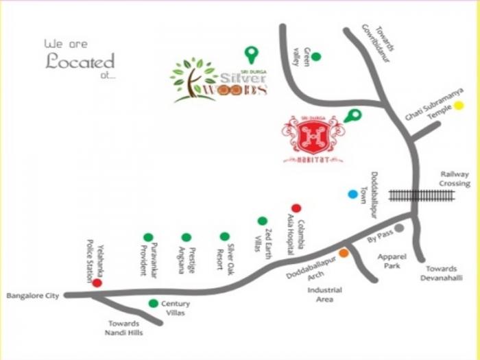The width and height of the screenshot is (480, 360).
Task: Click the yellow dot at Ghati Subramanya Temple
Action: (x=459, y=106)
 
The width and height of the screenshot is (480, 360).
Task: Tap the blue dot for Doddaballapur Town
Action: (x=352, y=194)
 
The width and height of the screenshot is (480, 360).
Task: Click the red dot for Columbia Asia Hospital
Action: (x=296, y=208)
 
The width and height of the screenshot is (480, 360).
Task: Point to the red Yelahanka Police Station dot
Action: (x=97, y=283)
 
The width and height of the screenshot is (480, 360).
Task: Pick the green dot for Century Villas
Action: (x=153, y=303)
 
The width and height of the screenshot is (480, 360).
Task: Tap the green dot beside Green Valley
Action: (x=316, y=57)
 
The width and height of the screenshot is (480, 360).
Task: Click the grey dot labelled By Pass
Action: (x=399, y=228)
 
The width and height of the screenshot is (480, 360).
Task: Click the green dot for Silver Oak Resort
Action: (x=224, y=236)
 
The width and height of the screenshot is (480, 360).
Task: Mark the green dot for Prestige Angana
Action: (x=187, y=237)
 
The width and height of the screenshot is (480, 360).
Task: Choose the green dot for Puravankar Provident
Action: (x=148, y=237)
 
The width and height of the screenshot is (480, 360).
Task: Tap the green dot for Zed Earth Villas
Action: (x=262, y=221)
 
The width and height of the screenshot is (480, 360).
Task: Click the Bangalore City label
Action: (x=31, y=296)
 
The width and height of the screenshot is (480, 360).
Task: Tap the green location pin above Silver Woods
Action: (x=252, y=53)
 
